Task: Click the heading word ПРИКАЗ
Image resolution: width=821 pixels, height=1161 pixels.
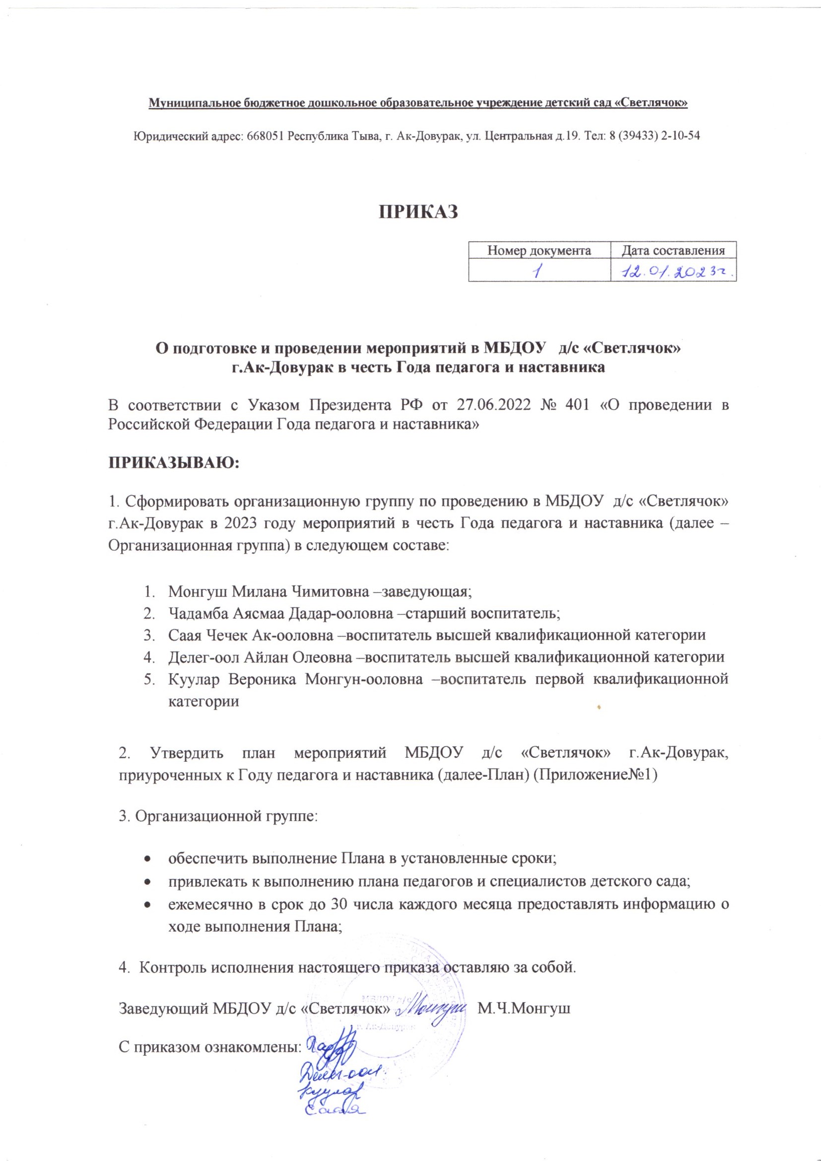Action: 418,212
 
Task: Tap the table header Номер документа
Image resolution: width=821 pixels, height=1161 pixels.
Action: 539,250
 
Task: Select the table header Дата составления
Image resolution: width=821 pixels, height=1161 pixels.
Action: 673,250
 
